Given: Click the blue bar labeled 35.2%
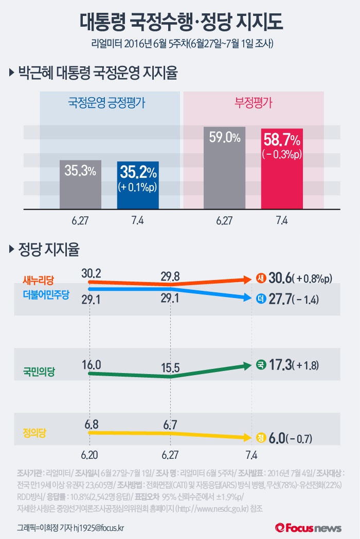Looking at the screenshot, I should [138, 185].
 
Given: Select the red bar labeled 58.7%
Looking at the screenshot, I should [282, 170].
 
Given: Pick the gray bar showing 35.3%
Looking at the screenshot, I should [80, 185].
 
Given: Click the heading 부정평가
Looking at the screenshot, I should [254, 102].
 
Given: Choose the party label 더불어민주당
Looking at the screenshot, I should [46, 293].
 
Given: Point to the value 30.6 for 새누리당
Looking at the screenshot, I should [279, 279].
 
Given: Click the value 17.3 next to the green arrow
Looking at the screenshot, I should [279, 366].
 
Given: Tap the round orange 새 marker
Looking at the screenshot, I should [261, 279].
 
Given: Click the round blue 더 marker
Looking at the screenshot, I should [261, 298].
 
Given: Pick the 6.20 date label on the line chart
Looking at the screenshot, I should [89, 455].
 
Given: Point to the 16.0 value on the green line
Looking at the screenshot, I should [91, 365].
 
